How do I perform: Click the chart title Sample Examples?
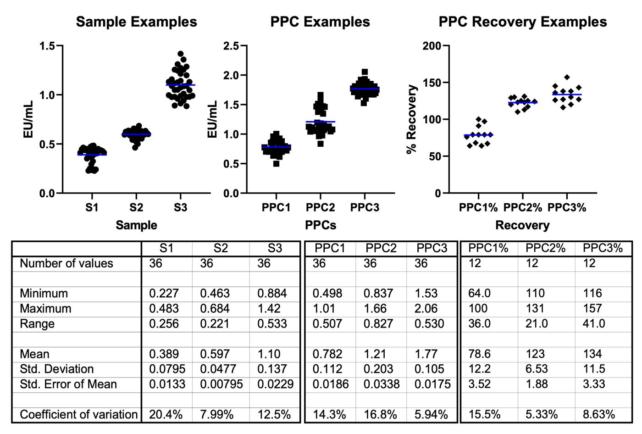pyautogui.click(x=136, y=22)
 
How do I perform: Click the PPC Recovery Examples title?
pyautogui.click(x=522, y=22)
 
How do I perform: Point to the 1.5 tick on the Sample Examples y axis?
pyautogui.click(x=47, y=46)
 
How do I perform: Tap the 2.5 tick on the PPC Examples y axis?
pyautogui.click(x=231, y=46)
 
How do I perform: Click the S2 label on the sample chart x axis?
pyautogui.click(x=136, y=207)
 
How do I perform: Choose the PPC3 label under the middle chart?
pyautogui.click(x=365, y=207)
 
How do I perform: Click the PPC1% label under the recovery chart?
pyautogui.click(x=478, y=207)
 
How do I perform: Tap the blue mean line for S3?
pyautogui.click(x=181, y=85)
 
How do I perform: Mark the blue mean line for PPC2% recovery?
pyautogui.click(x=522, y=102)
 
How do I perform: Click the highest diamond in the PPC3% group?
pyautogui.click(x=567, y=77)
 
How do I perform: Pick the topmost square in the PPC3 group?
pyautogui.click(x=365, y=72)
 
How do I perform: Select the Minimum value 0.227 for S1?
pyautogui.click(x=164, y=293)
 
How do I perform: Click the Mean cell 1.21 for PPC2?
pyautogui.click(x=375, y=354)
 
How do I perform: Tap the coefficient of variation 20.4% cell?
pyautogui.click(x=166, y=414)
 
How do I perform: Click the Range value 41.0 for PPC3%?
pyautogui.click(x=594, y=323)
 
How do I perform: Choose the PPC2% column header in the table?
pyautogui.click(x=545, y=248)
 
